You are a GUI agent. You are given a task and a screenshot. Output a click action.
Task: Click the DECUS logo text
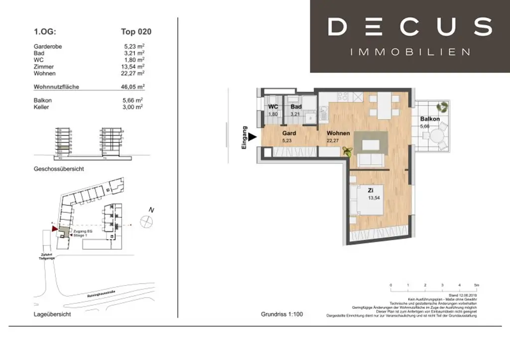point(410,27)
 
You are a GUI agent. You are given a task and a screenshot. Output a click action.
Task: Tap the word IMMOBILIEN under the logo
point(410,52)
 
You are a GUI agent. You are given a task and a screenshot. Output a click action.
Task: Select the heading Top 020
point(136,32)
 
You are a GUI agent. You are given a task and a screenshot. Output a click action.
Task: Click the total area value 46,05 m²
point(133,87)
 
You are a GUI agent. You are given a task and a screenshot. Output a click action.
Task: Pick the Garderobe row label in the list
point(48,47)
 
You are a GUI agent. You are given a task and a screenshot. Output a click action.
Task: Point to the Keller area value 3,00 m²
point(133,107)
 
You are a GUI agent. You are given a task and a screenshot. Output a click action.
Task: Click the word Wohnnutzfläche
point(56,87)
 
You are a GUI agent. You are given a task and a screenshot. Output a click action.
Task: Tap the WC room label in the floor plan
point(273,107)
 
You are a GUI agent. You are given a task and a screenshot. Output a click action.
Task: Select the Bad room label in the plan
point(296,107)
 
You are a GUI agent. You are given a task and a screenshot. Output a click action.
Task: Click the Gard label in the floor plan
point(289,134)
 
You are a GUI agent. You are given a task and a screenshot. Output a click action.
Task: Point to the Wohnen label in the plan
point(338,134)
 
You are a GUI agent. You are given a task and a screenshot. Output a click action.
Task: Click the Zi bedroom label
point(370,190)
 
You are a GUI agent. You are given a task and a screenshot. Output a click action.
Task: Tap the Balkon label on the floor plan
point(429,119)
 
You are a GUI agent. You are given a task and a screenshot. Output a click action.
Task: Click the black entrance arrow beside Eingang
point(253,137)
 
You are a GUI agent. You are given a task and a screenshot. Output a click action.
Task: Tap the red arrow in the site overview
point(55,228)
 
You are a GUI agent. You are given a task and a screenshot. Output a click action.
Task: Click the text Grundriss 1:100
point(281,314)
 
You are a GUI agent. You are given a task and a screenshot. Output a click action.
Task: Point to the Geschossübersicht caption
point(59,169)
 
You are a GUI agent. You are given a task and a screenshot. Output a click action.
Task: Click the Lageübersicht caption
point(52,314)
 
